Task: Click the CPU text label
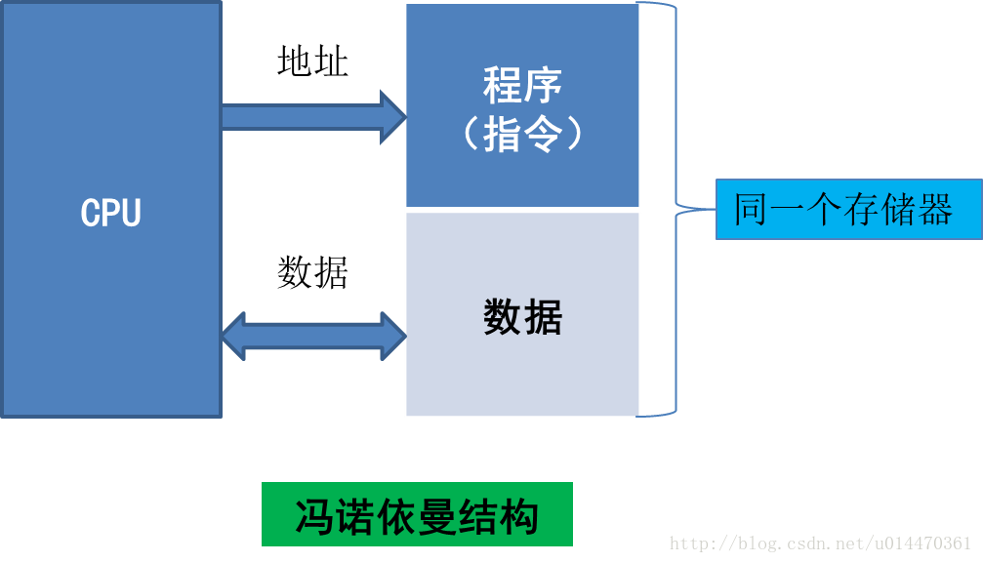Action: [x=110, y=213]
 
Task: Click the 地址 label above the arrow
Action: [x=312, y=62]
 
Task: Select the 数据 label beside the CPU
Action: [x=312, y=272]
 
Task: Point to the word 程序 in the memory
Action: [x=522, y=86]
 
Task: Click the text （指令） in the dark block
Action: [x=522, y=134]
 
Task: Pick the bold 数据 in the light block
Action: [x=522, y=317]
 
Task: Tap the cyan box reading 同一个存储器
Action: [x=848, y=209]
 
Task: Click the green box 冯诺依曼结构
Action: [x=417, y=514]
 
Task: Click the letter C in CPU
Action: [x=90, y=213]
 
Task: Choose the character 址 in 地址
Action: [x=331, y=62]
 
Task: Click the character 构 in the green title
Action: [x=522, y=515]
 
